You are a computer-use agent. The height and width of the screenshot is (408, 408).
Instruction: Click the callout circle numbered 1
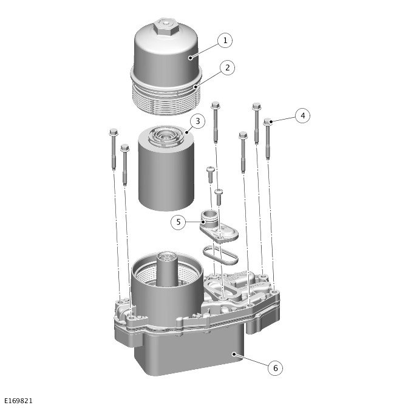(225, 40)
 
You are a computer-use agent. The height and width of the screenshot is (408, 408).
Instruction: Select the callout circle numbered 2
(228, 67)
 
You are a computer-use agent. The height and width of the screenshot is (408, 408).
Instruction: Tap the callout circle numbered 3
(197, 121)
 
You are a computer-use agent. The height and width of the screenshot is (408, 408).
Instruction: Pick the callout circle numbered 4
(302, 115)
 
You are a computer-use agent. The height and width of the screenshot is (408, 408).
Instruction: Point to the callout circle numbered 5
(178, 222)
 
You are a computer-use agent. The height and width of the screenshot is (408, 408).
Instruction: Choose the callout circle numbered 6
(275, 368)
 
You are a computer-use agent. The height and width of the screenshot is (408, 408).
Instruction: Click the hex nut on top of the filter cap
(166, 27)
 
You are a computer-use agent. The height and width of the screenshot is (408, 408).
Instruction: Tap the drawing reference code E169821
(18, 401)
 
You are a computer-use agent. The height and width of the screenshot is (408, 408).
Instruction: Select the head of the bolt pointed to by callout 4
(268, 122)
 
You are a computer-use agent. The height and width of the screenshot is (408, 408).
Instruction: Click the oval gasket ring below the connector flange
(220, 255)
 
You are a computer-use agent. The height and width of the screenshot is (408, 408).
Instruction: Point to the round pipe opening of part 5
(208, 215)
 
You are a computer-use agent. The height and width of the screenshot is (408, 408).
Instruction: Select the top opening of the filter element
(166, 136)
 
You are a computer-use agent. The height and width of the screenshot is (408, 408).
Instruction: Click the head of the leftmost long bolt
(114, 132)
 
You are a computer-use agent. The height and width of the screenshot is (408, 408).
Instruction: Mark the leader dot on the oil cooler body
(234, 354)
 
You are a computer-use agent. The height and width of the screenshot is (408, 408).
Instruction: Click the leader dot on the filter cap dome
(191, 58)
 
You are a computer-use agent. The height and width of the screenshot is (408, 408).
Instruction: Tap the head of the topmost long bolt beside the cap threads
(216, 106)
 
